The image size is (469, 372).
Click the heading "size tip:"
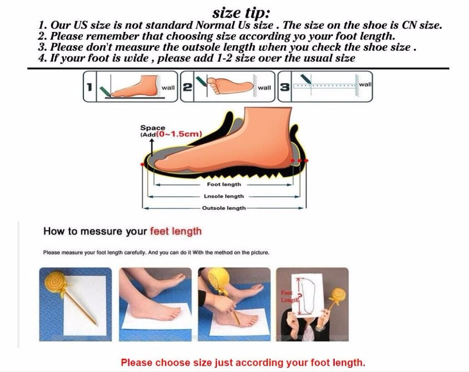[x=241, y=13]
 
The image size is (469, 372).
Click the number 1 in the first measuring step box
[x=89, y=87]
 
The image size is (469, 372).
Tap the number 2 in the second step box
[x=187, y=87]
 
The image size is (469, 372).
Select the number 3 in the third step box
[x=285, y=87]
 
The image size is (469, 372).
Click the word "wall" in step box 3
[x=365, y=85]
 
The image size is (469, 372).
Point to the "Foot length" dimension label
[x=224, y=184]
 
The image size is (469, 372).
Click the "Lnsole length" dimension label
[x=224, y=196]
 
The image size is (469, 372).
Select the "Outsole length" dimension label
[x=224, y=208]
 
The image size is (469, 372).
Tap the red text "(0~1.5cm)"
[x=179, y=134]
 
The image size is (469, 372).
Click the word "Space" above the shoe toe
[x=152, y=128]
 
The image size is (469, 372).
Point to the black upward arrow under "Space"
[x=152, y=147]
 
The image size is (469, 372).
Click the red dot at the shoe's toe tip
[x=143, y=164]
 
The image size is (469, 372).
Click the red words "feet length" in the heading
[x=176, y=231]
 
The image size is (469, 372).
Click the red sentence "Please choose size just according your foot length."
[x=243, y=363]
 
